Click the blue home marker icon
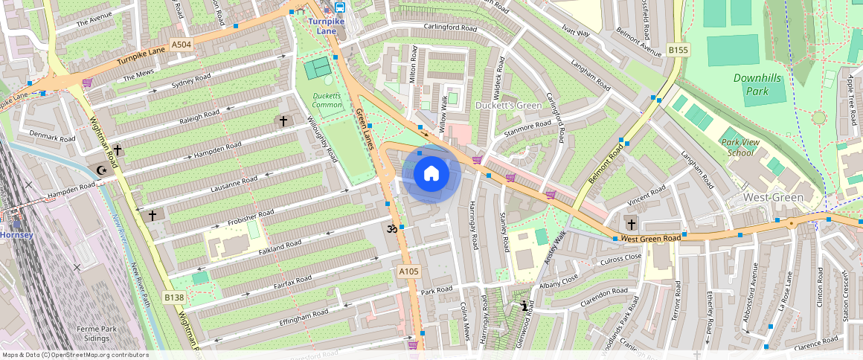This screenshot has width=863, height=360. coord(431,174)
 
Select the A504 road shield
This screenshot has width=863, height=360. coord(182,45)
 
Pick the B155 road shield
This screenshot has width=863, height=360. coord(678,50)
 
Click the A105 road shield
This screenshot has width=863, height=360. coord(408,272)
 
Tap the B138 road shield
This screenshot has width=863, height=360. coord(174,298)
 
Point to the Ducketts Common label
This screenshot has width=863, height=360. coord(327,100)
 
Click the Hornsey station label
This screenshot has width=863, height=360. coord(16,235)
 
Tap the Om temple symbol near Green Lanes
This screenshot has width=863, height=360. coord(391,230)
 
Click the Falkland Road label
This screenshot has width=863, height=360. coord(279,245)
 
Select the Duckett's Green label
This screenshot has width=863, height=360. coord(509,106)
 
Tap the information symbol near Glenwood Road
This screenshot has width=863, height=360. coord(525,306)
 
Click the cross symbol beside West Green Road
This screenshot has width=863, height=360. coord(631,224)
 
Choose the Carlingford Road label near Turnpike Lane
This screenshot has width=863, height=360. coord(450,28)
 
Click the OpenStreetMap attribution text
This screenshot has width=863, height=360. coord(76,355)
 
